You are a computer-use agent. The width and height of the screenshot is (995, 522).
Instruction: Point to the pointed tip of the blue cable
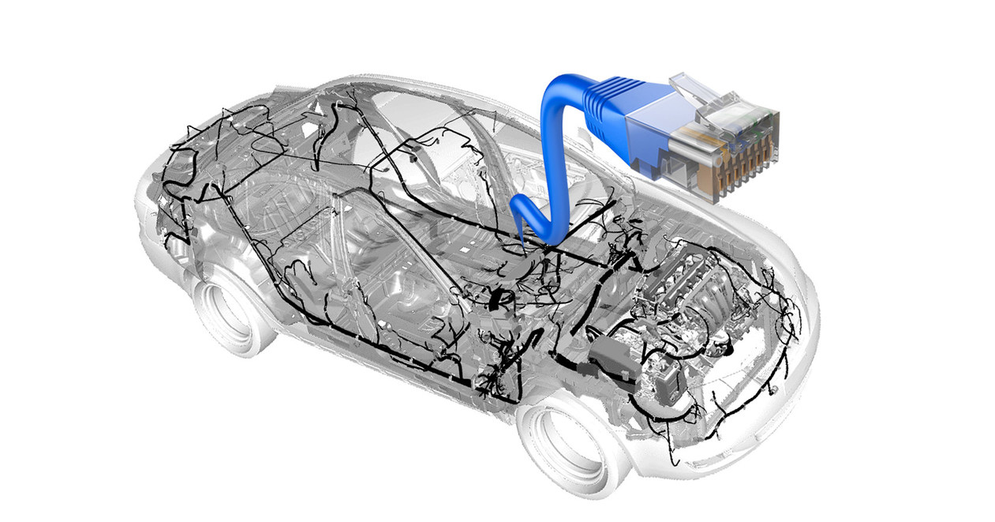tap(523, 240)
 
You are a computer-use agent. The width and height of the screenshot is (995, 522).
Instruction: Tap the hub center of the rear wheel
tap(226, 311)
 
